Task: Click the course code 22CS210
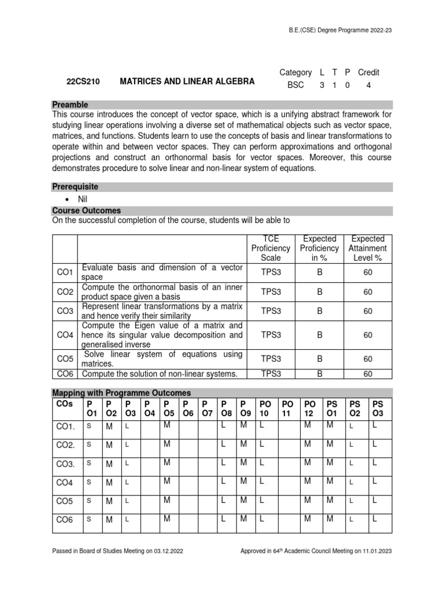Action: pyautogui.click(x=83, y=82)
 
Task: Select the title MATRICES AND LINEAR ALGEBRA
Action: pyautogui.click(x=187, y=82)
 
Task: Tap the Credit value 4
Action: pyautogui.click(x=368, y=85)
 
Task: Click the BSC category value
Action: pyautogui.click(x=295, y=85)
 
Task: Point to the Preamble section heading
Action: pyautogui.click(x=70, y=105)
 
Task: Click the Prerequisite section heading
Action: pyautogui.click(x=75, y=187)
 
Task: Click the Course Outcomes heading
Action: pyautogui.click(x=86, y=210)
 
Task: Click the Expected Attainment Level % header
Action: pyautogui.click(x=368, y=248)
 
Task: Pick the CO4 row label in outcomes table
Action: pyautogui.click(x=65, y=335)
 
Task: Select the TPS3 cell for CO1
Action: pyautogui.click(x=270, y=272)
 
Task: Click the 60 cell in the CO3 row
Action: pyautogui.click(x=368, y=311)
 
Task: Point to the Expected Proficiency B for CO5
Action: pyautogui.click(x=319, y=358)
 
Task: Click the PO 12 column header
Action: pyautogui.click(x=310, y=408)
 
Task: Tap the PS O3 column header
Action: pyautogui.click(x=378, y=408)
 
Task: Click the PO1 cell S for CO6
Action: pyautogui.click(x=89, y=519)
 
